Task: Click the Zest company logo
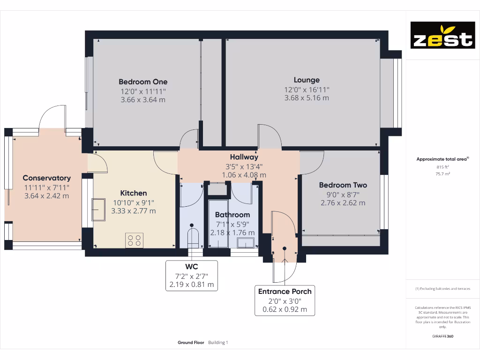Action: coord(442,35)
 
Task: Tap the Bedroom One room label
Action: coord(143,82)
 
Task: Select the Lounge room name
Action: coord(307,80)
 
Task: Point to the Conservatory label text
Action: coord(47,178)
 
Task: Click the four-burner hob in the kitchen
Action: coord(134,240)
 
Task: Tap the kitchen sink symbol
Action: coord(98,209)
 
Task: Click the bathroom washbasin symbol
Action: coord(246,242)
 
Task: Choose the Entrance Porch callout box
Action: coord(285,300)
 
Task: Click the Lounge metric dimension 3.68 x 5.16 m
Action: coord(307,98)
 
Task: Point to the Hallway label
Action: coord(244,157)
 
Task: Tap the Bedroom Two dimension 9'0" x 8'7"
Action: coord(343,194)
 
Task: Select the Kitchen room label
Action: coord(134,193)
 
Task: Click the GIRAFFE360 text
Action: coord(442,336)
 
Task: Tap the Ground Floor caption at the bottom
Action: coord(191,343)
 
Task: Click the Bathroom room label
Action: coord(232,215)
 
